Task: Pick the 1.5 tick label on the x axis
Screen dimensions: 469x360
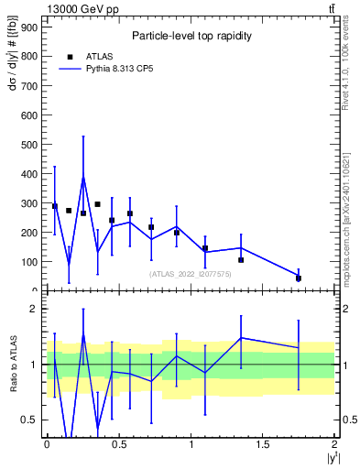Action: (x=264, y=443)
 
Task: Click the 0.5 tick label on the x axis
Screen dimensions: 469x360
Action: (x=119, y=443)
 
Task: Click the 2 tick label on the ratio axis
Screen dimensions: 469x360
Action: (x=34, y=309)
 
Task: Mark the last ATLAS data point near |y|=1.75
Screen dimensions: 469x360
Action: (x=299, y=278)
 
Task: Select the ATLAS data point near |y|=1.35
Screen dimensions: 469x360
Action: (x=241, y=260)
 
